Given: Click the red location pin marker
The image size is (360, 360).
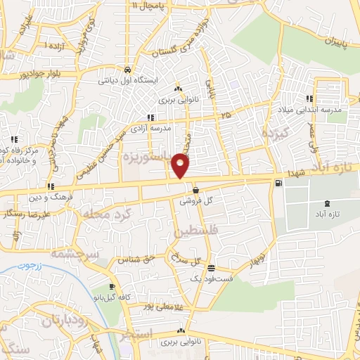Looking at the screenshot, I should (x=181, y=167).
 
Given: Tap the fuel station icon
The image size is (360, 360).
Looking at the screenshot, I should (x=281, y=184).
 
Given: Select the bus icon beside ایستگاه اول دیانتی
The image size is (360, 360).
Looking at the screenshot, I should (x=127, y=70).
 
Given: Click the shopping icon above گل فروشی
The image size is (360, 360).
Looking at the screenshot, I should (x=195, y=190).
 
